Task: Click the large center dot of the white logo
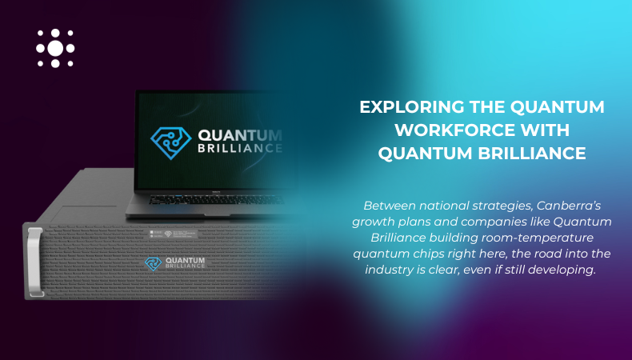coord(55,48)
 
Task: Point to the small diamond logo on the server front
coord(152,262)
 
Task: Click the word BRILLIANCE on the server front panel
coord(185,266)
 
